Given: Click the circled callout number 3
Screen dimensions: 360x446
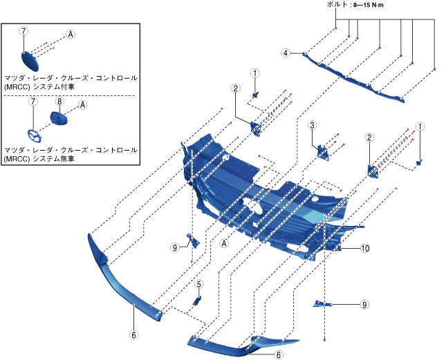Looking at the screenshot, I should coord(313,125).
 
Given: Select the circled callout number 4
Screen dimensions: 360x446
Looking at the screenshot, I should coord(285,53).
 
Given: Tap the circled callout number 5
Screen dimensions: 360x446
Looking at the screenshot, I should coord(198,284).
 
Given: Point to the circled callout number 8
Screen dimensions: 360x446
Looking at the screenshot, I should coord(59,101).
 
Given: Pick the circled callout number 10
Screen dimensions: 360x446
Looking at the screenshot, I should coord(364,248).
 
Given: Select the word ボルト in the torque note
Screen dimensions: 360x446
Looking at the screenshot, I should coord(338,4).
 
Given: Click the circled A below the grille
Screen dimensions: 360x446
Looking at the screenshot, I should coord(224,243).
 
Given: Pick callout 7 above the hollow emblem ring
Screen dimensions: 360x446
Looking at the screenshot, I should coord(32,101).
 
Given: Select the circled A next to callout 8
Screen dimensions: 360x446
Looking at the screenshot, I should coord(82,105).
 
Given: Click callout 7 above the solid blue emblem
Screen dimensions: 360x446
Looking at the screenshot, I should coord(24,32).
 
